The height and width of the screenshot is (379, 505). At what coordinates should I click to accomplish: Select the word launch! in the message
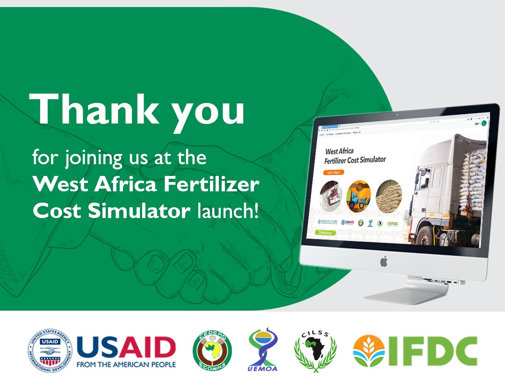point(227,211)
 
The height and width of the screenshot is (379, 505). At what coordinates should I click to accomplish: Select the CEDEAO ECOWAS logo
point(212,350)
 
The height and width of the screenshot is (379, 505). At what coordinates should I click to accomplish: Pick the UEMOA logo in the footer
point(262,350)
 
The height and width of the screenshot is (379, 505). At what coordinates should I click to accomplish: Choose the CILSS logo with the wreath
point(315,350)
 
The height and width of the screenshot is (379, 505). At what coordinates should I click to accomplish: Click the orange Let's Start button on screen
point(333,173)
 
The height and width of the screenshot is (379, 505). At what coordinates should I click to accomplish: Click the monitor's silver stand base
point(407,294)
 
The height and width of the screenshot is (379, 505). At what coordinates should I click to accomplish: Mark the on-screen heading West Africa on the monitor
point(339,152)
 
